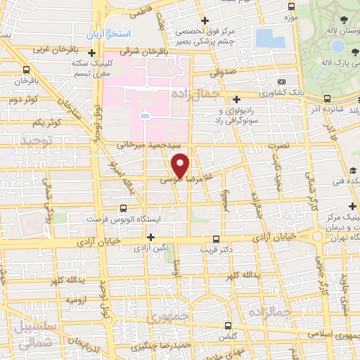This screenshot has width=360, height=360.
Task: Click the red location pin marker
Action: tap(181, 165)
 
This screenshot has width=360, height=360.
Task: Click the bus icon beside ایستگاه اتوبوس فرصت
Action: tap(124, 208)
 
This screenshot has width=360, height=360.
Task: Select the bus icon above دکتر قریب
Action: tap(216, 239)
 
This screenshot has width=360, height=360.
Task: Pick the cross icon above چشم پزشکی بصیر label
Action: tap(205, 20)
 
